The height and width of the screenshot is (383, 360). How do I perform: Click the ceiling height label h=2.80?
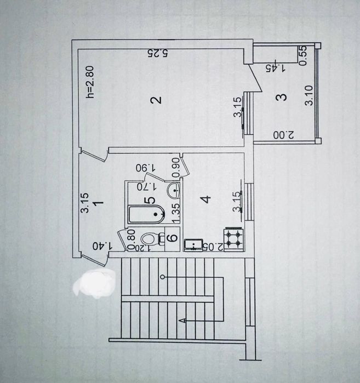[x=90, y=82]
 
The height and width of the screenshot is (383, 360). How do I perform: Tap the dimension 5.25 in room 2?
[x=158, y=53]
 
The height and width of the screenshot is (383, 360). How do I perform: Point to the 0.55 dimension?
[x=302, y=56]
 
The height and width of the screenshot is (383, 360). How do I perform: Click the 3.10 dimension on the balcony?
[x=309, y=95]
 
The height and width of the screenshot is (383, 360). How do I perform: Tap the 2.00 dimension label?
[x=283, y=135]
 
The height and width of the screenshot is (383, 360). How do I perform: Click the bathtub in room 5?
[x=146, y=214]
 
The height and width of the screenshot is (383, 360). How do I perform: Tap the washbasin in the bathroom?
[x=173, y=190]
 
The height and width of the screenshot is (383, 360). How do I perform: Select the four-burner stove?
[x=234, y=239]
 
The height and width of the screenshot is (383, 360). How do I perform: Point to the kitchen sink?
[x=193, y=245]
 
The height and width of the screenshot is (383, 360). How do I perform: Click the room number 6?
[x=173, y=238]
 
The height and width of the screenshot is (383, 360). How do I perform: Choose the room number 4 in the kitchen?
[x=207, y=199]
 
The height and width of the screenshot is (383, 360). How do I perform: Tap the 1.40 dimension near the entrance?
[x=102, y=245]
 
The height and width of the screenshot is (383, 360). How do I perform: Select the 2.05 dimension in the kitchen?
[x=213, y=248]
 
